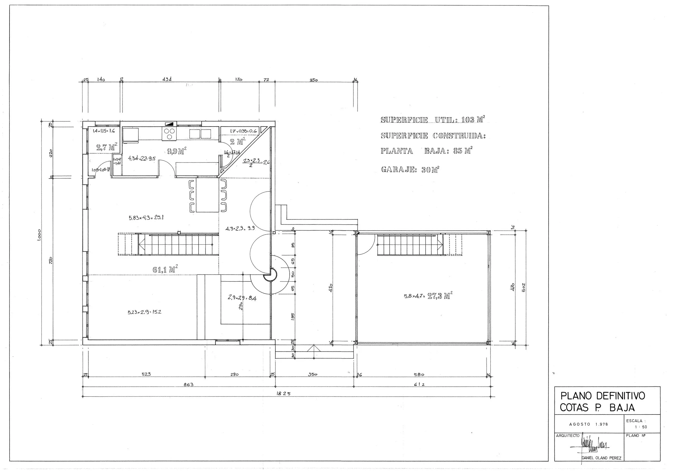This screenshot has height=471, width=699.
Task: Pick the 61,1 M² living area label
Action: [165, 269]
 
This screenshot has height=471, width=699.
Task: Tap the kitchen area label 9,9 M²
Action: [177, 151]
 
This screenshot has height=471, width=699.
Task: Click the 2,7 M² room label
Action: [107, 147]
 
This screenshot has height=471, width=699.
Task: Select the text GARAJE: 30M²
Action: [410, 170]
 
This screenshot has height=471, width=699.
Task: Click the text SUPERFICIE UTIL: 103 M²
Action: [433, 119]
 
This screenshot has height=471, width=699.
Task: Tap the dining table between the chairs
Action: [207, 195]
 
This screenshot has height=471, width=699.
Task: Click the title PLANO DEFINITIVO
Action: [603, 396]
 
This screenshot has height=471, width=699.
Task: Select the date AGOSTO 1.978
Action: [588, 425]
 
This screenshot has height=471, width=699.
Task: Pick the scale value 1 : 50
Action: [641, 427]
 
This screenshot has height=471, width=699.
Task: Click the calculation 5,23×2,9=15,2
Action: [144, 312]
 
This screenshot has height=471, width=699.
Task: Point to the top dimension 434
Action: [167, 79]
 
